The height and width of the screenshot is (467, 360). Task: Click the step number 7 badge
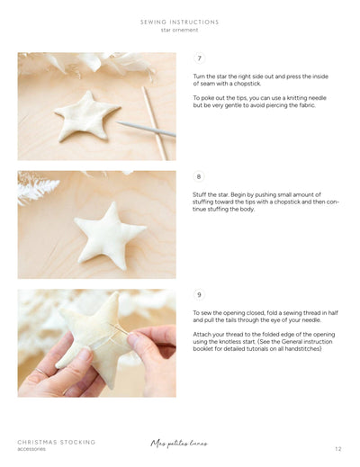pos(199,58)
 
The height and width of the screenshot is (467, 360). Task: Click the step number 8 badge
pos(199,176)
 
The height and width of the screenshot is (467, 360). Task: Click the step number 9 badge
pos(199,294)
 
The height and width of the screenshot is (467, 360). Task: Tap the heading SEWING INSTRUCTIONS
pos(179,22)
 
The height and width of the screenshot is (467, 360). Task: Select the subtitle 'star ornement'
pos(179,30)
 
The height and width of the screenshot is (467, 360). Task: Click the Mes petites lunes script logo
pos(180,443)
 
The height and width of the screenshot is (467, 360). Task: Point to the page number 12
pos(337,448)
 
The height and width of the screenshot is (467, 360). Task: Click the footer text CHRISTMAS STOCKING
pos(56,442)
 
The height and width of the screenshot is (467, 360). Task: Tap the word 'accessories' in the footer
pos(31,449)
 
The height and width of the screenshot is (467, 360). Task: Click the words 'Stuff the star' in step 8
pos(212,194)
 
